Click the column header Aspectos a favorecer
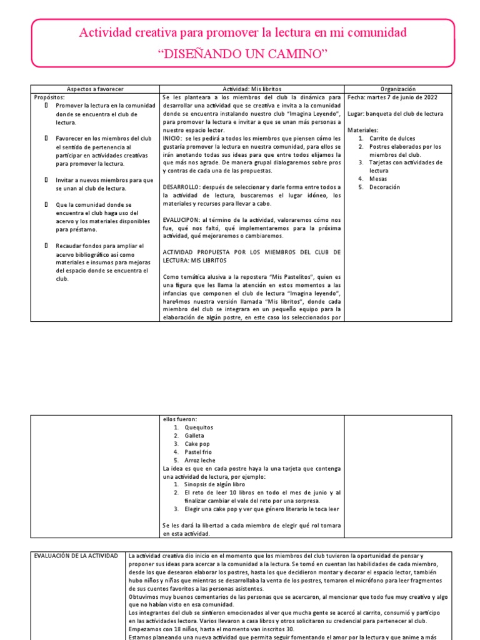(x=96, y=89)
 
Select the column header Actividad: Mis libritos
(x=252, y=89)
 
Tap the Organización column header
(x=397, y=89)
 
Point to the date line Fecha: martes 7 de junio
(x=392, y=97)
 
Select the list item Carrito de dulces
(x=392, y=138)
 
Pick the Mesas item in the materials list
(x=378, y=179)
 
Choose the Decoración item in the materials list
(x=384, y=187)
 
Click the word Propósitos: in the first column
(x=49, y=97)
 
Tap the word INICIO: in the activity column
(x=172, y=138)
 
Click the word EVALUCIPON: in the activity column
(x=182, y=219)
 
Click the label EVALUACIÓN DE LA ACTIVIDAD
(x=76, y=555)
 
